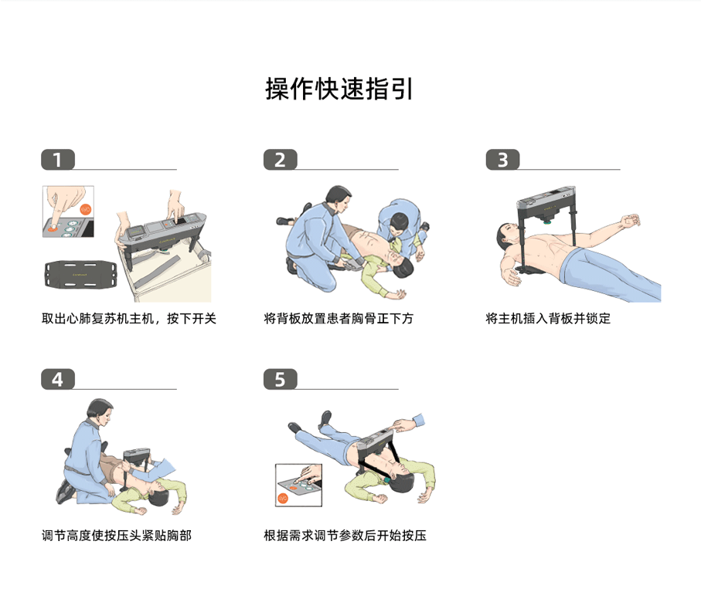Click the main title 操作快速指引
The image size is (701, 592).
click(339, 89)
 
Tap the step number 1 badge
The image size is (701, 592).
click(57, 159)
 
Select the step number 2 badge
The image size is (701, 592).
click(280, 159)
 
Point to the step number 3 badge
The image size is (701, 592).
click(502, 159)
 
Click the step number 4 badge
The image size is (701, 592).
click(57, 379)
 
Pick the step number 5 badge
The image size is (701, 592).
click(280, 379)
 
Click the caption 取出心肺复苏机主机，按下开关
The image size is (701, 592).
click(128, 318)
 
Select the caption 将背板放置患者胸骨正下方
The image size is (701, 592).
click(339, 318)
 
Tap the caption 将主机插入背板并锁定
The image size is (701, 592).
click(548, 318)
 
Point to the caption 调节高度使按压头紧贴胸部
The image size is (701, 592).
click(116, 535)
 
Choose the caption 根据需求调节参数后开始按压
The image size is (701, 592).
click(345, 535)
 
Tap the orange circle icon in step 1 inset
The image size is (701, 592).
click(86, 209)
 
